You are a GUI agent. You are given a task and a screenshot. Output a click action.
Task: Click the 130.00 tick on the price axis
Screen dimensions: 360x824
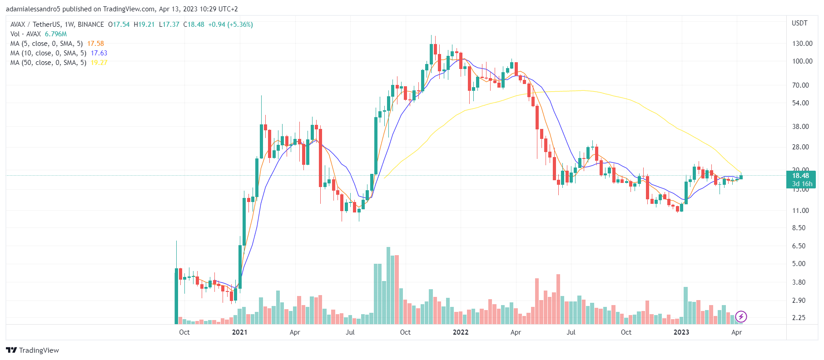(802, 44)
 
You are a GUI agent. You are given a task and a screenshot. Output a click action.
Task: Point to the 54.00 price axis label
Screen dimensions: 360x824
(800, 103)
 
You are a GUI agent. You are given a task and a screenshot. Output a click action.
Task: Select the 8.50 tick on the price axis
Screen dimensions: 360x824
(799, 228)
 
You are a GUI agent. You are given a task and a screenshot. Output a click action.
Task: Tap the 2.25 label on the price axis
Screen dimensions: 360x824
(799, 318)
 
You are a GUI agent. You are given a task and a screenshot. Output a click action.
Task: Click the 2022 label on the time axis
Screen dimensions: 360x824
(461, 332)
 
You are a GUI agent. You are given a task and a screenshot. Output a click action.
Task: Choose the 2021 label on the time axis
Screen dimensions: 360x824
(239, 332)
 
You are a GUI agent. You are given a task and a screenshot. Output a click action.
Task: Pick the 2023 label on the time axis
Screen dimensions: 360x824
(681, 332)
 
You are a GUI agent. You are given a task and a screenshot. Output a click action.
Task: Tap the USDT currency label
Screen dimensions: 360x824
(799, 23)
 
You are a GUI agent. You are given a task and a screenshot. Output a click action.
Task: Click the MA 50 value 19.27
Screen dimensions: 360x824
(99, 63)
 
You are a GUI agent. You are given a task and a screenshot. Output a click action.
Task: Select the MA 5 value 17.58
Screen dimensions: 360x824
(95, 44)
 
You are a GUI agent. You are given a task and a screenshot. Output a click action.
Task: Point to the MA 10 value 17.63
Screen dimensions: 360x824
(99, 53)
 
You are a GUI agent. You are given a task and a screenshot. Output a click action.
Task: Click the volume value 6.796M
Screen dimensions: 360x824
(56, 34)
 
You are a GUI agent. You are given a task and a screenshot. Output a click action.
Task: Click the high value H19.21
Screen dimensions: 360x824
(144, 25)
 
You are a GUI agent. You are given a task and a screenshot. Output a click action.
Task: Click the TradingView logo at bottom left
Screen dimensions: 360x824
(32, 350)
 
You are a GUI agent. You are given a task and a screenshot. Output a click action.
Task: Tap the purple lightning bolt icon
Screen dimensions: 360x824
(741, 316)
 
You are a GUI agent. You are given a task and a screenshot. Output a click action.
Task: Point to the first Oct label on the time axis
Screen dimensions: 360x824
(184, 332)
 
